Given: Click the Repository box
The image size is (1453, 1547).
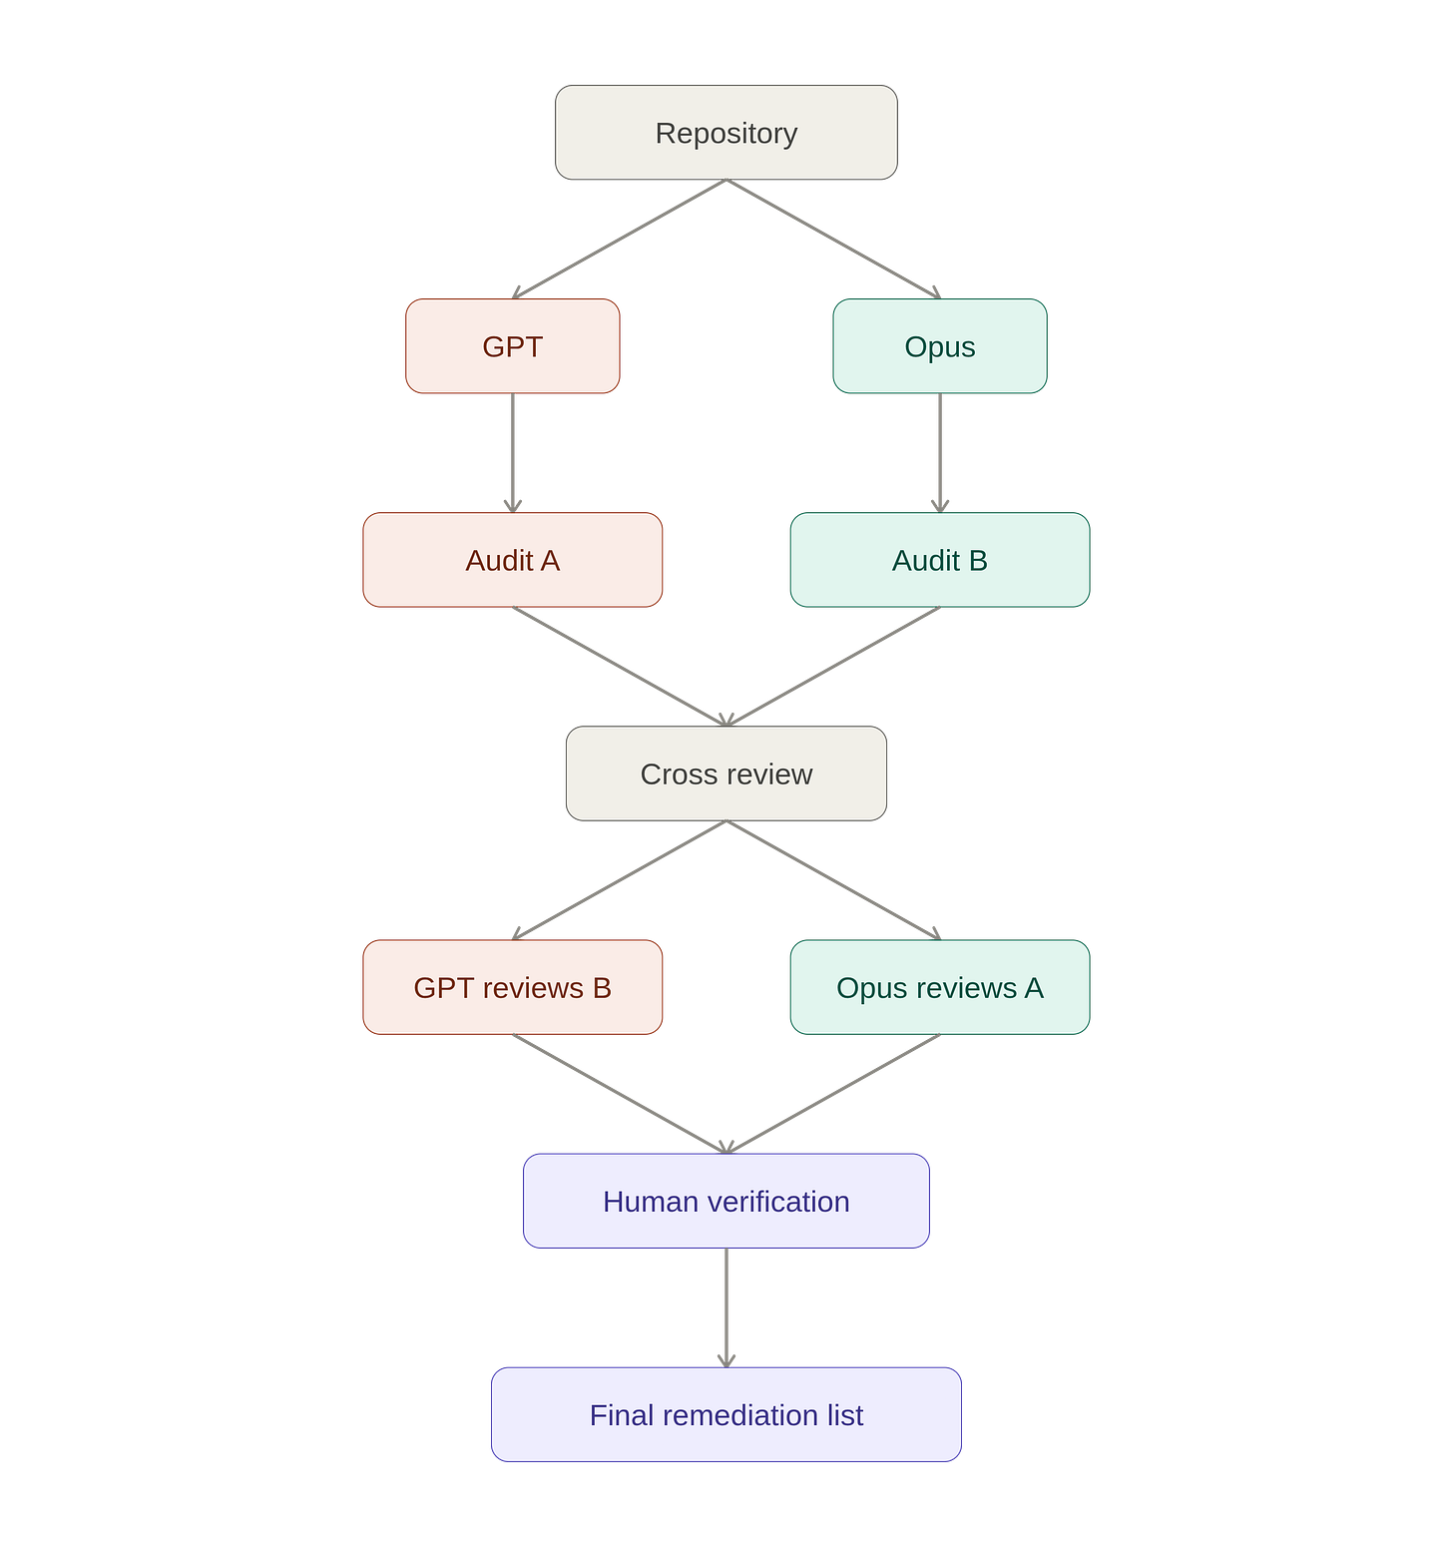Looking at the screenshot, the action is click(x=726, y=133).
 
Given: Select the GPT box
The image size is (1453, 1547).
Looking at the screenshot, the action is click(x=513, y=346).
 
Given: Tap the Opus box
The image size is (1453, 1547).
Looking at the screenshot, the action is click(x=940, y=346).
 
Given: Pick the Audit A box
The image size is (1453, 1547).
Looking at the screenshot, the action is click(x=513, y=560).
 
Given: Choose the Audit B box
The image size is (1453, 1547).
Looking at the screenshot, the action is click(x=940, y=560).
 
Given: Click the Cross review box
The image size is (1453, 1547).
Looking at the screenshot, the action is click(x=726, y=773).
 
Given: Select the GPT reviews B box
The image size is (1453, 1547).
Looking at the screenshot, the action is click(x=513, y=987).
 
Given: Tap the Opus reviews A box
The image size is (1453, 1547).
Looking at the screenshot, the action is click(x=940, y=987).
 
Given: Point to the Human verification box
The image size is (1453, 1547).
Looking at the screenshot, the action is click(x=726, y=1201).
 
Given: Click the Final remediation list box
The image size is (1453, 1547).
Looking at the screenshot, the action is click(x=726, y=1414).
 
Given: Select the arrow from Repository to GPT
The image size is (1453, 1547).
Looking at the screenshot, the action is click(x=620, y=240).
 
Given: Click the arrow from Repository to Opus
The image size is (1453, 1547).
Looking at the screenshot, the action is click(x=833, y=240).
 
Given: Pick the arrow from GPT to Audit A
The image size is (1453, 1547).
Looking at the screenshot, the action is click(x=513, y=453).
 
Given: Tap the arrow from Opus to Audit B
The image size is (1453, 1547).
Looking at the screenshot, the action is click(x=940, y=453).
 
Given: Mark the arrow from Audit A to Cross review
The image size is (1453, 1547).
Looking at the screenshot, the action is click(x=620, y=667).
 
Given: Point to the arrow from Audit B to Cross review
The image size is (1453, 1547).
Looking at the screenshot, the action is click(x=833, y=667).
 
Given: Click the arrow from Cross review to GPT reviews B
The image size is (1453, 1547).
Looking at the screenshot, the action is click(x=620, y=880).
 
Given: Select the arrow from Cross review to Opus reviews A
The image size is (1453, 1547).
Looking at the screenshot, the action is click(x=833, y=880).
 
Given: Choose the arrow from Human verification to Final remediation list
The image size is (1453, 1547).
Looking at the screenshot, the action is click(x=726, y=1307).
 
